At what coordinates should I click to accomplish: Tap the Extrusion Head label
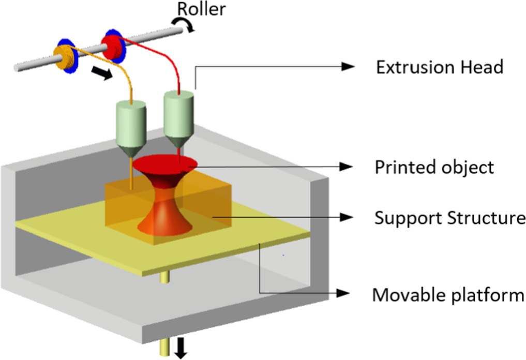coord(439,67)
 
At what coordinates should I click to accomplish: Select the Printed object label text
coord(434,167)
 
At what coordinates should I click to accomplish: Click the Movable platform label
coord(448,295)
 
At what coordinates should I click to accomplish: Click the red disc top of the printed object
coord(165,164)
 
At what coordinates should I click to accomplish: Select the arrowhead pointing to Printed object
coord(346,167)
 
